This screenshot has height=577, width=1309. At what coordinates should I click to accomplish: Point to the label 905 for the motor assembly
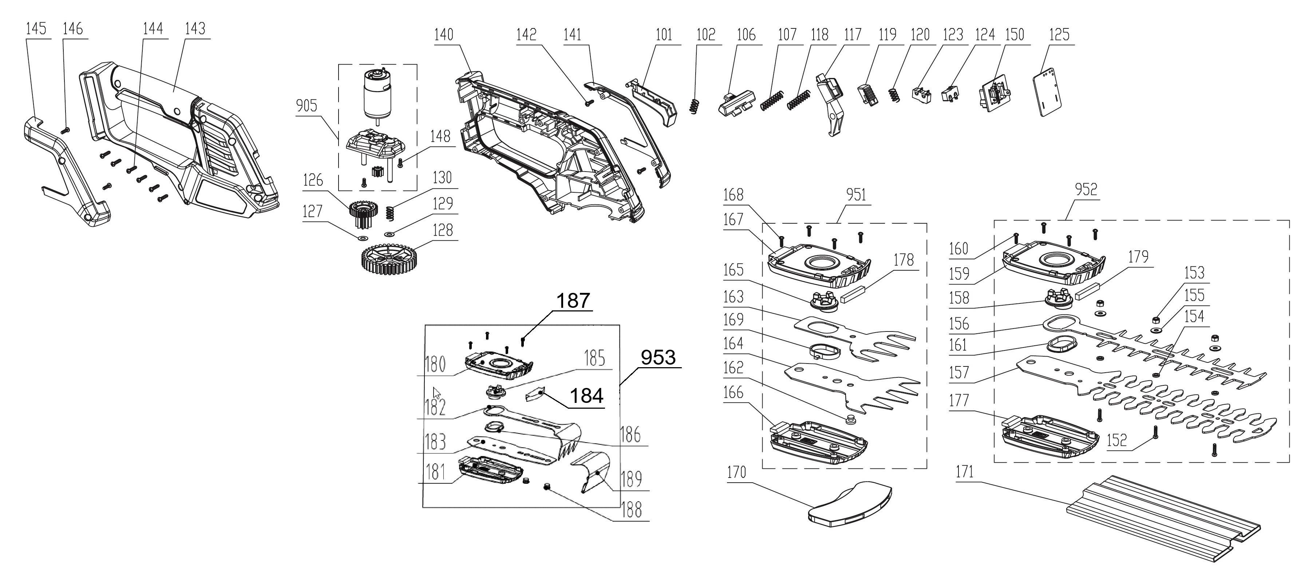pos(307,106)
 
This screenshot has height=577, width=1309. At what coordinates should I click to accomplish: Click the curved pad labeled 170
pos(849,504)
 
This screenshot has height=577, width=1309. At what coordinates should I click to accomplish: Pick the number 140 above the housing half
pos(444,35)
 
